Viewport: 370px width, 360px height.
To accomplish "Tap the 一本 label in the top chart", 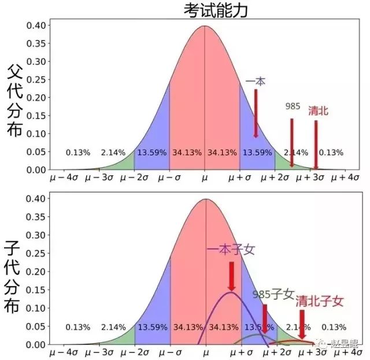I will click(x=256, y=82).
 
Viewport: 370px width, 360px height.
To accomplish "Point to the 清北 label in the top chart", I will click(x=318, y=111).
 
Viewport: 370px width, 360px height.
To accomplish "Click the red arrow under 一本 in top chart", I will click(x=256, y=113).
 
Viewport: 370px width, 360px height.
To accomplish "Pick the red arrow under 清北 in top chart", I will click(x=316, y=144).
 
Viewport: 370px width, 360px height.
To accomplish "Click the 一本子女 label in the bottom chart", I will click(x=231, y=250).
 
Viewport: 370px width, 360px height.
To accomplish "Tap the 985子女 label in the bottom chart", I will click(x=274, y=294).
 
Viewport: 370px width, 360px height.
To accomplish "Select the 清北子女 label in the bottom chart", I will click(x=320, y=301).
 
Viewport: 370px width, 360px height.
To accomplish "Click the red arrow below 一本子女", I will click(x=231, y=277).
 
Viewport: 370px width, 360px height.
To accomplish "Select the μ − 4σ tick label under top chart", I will click(x=64, y=177).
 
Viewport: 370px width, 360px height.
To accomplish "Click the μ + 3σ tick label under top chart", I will click(x=310, y=177).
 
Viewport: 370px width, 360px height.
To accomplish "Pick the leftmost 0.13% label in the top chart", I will click(x=77, y=153).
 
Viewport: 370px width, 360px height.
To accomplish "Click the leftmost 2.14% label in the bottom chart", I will click(x=113, y=327).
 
